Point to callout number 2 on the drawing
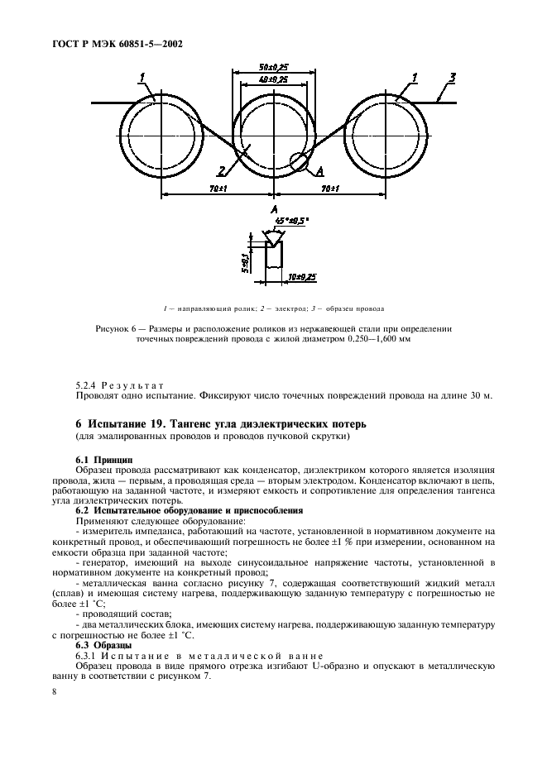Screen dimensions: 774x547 pyautogui.click(x=222, y=171)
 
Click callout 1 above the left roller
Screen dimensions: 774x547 pyautogui.click(x=142, y=78)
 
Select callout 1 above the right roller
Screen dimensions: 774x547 pyautogui.click(x=415, y=78)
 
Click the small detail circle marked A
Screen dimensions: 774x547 pyautogui.click(x=299, y=161)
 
